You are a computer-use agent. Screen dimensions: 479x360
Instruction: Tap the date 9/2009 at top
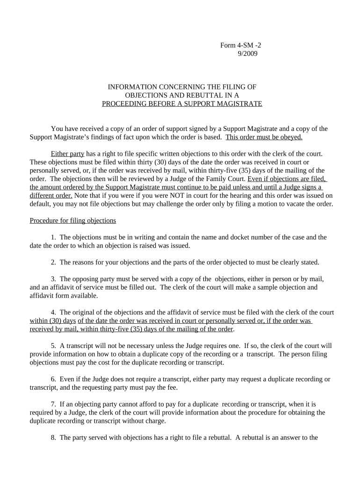(x=248, y=53)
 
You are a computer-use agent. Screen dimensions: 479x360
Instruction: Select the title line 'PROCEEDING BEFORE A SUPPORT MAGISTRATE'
(x=182, y=103)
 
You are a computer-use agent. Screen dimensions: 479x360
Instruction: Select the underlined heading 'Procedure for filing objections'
(x=73, y=220)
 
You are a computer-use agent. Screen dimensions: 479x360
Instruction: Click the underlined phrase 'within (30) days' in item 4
(x=53, y=320)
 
